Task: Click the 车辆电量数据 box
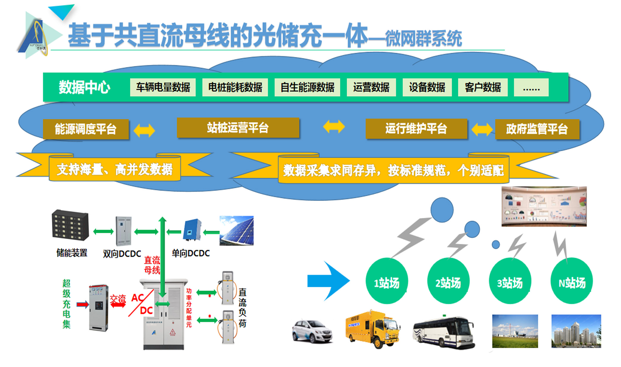click(163, 87)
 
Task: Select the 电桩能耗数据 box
click(235, 87)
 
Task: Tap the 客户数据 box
click(482, 87)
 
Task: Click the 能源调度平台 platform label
click(86, 129)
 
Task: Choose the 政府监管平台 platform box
click(537, 129)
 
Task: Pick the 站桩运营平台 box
click(238, 128)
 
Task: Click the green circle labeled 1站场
click(387, 281)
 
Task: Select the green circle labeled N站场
click(572, 281)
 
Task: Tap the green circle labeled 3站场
click(510, 281)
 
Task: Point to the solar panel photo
click(236, 231)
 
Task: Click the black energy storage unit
click(70, 225)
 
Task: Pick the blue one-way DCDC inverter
click(192, 230)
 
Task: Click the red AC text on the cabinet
click(137, 298)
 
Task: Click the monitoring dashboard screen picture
click(544, 206)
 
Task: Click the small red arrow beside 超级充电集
click(83, 304)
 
